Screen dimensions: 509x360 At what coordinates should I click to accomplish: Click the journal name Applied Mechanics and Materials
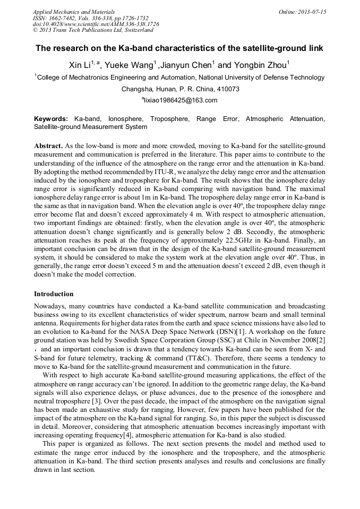73,12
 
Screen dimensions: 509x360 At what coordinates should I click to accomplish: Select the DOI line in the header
96,24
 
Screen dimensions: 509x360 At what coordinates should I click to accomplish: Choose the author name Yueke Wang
127,65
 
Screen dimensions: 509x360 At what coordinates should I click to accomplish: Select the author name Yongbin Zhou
260,65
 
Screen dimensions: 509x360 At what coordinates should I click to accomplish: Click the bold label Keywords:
52,119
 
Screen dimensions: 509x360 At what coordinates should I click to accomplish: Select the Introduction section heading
54,294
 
